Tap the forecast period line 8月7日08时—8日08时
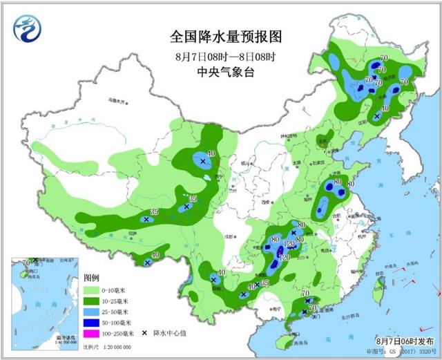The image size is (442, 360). click(216, 55)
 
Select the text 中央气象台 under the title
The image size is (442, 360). click(216, 71)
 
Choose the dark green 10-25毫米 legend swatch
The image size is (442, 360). click(92, 300)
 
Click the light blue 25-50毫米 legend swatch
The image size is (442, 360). click(92, 311)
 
